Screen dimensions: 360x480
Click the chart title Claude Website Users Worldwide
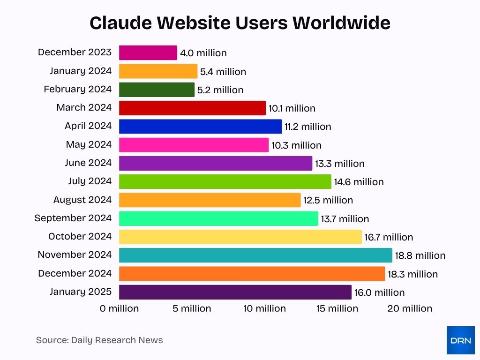(240, 22)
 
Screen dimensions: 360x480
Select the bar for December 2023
(148, 52)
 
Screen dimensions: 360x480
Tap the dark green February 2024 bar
(157, 90)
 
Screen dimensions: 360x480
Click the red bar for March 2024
(192, 108)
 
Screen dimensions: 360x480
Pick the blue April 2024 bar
(200, 126)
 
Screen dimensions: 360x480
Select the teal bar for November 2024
(255, 255)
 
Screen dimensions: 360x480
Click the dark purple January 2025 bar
(235, 292)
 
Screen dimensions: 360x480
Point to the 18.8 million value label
(420, 255)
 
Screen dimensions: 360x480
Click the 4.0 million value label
(203, 53)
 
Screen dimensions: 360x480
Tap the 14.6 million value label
(359, 182)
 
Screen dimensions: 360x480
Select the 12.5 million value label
(328, 200)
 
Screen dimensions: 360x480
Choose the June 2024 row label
(88, 163)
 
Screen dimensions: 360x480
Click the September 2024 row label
(73, 218)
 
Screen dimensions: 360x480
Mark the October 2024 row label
(80, 236)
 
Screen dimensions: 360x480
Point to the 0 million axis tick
(119, 308)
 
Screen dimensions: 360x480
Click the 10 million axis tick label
(264, 308)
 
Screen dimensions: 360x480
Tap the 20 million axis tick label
(409, 308)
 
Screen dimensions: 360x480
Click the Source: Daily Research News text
(99, 340)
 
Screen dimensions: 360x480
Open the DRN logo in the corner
(460, 340)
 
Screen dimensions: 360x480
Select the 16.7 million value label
(389, 237)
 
